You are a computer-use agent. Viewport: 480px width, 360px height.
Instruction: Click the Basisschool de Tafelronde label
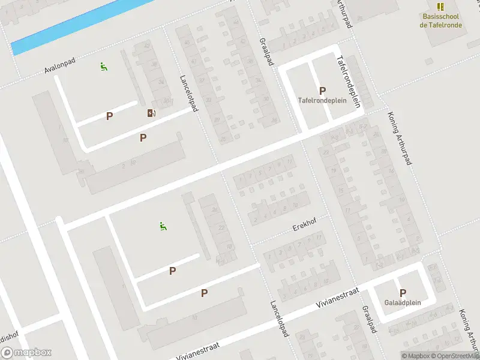441,20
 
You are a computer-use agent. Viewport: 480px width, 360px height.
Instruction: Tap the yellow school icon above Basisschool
441,7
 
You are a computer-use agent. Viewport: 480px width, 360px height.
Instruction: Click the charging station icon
150,113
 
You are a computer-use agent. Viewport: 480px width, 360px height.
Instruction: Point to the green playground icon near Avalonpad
104,67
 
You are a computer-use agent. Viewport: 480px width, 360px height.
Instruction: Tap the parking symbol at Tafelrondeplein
322,91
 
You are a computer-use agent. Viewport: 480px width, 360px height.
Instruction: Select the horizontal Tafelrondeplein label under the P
322,101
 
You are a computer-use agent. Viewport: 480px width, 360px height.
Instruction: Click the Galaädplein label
403,302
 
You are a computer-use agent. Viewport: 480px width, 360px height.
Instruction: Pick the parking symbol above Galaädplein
403,292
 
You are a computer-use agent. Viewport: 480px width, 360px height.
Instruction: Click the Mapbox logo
26,353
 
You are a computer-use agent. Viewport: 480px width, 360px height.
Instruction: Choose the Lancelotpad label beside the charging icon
188,93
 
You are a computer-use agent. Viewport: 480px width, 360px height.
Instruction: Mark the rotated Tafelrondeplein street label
349,82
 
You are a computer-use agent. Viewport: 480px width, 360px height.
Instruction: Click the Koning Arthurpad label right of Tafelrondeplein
401,135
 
